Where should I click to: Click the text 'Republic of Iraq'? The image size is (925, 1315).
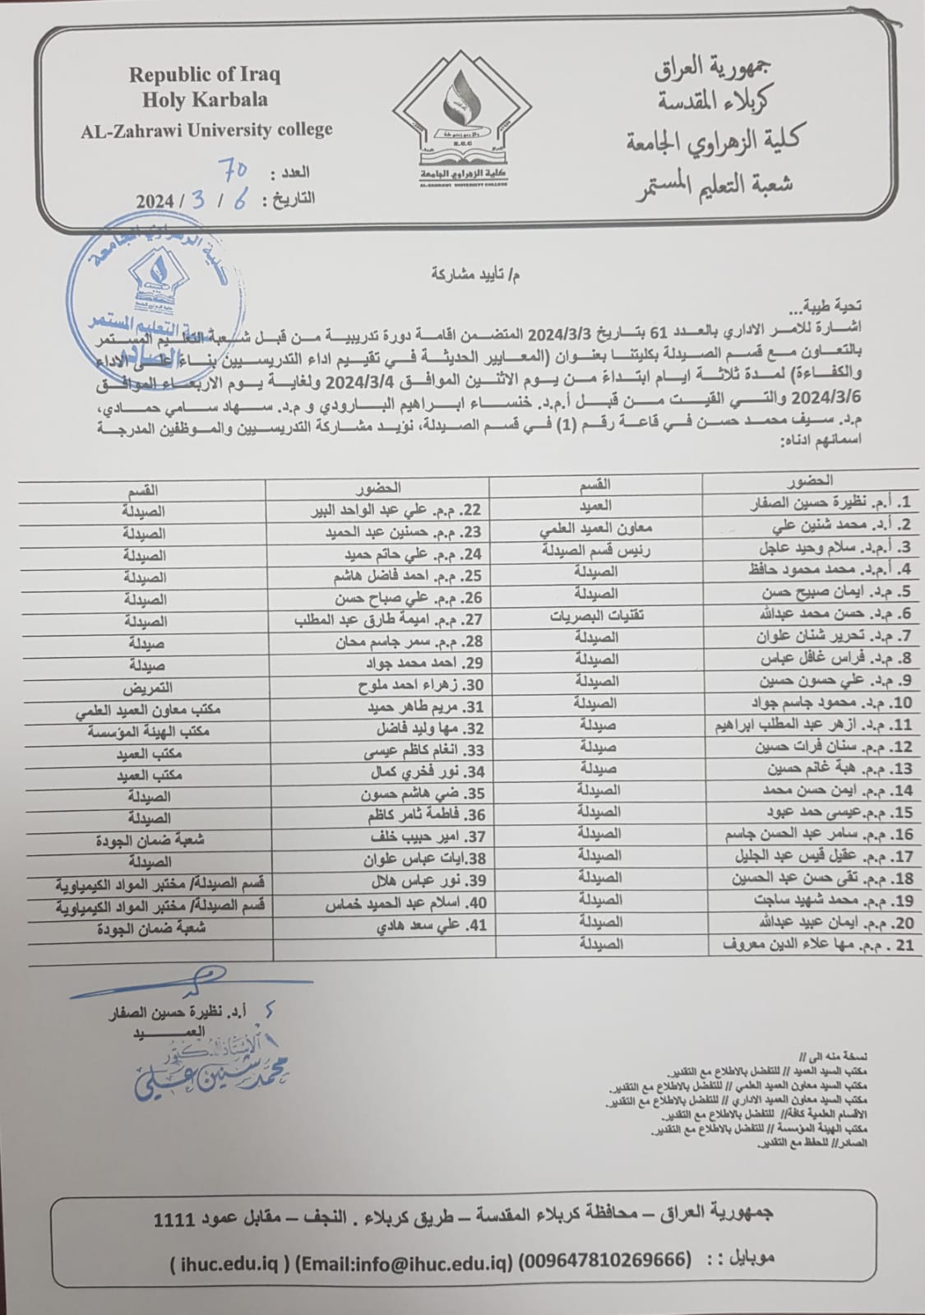click(x=204, y=75)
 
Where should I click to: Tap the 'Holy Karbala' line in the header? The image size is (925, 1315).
click(x=204, y=100)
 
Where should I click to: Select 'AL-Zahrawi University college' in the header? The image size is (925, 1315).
click(x=206, y=129)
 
